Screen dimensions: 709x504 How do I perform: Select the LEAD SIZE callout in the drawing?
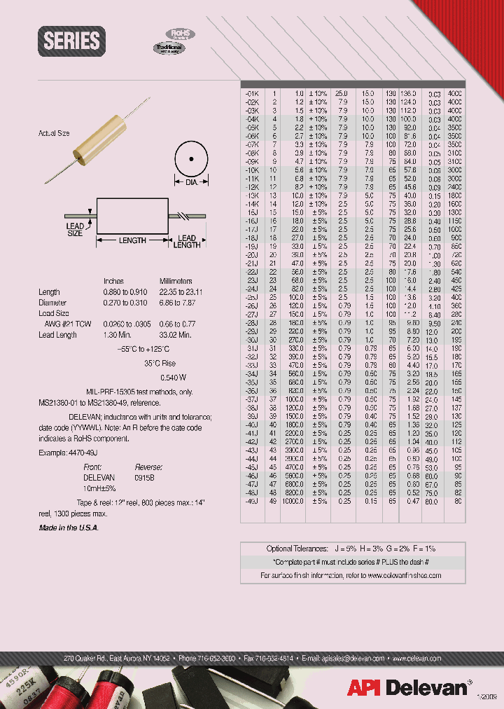tap(75, 230)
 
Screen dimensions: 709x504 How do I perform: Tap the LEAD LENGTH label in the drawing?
tap(187, 242)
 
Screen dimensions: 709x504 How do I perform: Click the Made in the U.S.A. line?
tap(69, 528)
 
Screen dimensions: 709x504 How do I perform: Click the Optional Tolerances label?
tap(296, 549)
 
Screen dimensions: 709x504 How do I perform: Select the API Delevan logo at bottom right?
tap(414, 687)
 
